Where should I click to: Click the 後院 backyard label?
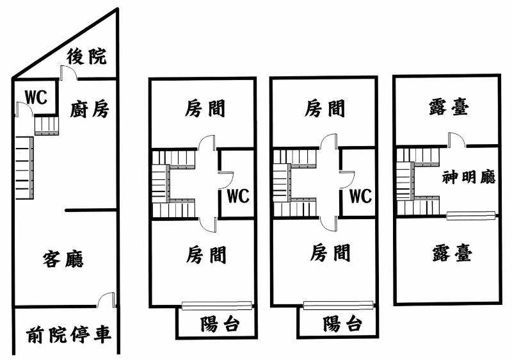coord(86,56)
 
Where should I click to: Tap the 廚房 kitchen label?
coord(90,109)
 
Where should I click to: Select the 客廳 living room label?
coord(63,259)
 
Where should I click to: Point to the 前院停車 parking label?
coord(68,334)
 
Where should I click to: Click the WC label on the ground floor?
coord(36,97)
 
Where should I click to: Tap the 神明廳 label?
coord(468,177)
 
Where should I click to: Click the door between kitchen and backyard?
coord(68,72)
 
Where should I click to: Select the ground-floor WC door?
coord(24,109)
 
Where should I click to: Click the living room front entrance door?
coord(106,300)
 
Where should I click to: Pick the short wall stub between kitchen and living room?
coord(91,210)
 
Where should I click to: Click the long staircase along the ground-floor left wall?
coord(24,168)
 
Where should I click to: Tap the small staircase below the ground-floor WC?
coord(47,125)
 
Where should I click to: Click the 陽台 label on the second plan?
coord(220,324)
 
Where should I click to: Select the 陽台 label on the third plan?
coord(342,323)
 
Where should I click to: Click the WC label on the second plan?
coord(238,196)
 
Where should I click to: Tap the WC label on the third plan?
coord(360,196)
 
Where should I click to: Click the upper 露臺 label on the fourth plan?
coord(449,108)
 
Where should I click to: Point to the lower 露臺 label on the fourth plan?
coord(452,254)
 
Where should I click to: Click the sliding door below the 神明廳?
coord(471,216)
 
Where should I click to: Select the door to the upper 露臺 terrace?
coord(457,140)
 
